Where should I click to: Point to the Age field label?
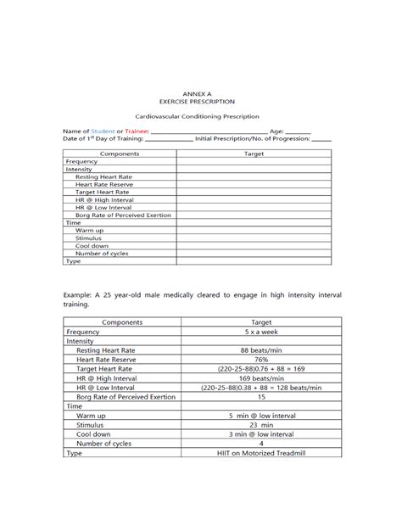[276, 131]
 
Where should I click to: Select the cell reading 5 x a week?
[260, 333]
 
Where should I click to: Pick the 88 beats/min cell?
[260, 350]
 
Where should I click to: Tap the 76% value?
[260, 360]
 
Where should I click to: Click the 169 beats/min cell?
[260, 378]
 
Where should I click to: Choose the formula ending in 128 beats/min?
[260, 388]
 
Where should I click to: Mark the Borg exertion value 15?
[260, 397]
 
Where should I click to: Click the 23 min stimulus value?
[260, 425]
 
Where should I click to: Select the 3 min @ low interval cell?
[260, 434]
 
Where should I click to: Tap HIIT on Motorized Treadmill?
[260, 453]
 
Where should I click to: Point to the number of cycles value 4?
[260, 444]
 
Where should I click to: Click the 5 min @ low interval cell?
[260, 416]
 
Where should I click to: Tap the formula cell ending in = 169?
[260, 369]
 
